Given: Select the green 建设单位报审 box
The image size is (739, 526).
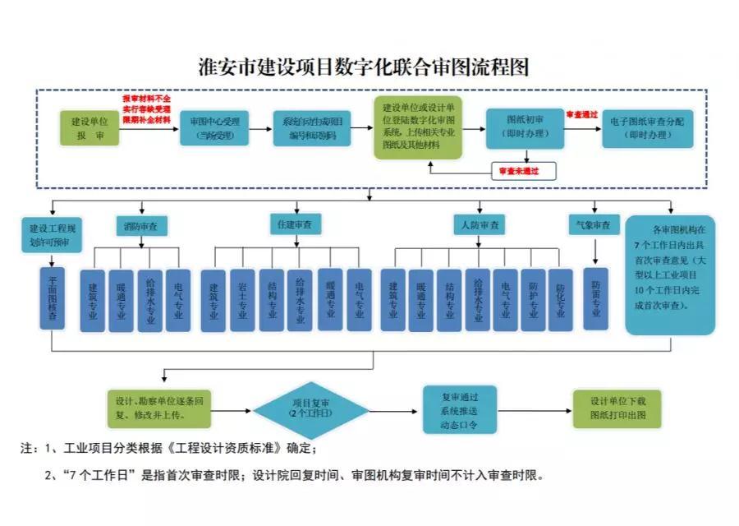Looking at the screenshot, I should click(x=90, y=128).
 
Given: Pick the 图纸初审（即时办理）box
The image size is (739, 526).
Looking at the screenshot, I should click(x=523, y=128).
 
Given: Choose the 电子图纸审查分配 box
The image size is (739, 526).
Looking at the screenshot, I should click(x=647, y=128).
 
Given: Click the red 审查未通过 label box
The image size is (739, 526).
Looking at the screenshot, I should click(x=524, y=171).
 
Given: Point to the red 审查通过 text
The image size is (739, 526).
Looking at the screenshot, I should click(x=581, y=115).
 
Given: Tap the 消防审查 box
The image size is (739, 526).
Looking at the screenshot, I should click(x=142, y=224).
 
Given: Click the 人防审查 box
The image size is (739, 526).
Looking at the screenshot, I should click(x=480, y=224).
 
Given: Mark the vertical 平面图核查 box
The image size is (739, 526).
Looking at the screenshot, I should click(x=53, y=298).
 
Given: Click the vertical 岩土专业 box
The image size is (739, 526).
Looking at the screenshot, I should click(x=242, y=300).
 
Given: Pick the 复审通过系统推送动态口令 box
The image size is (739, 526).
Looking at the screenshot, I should click(x=460, y=409).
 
